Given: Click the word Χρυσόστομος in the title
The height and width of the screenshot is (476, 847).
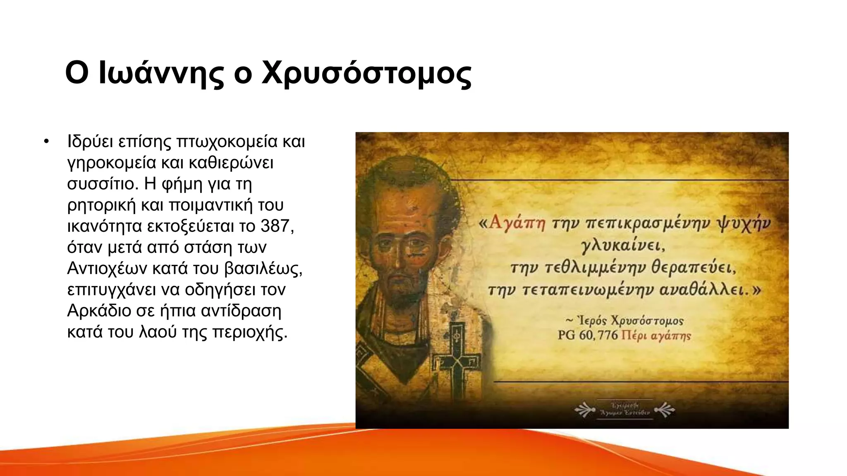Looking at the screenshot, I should point(366,74).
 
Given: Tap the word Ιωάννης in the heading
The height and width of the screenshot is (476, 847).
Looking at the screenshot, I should point(162,74).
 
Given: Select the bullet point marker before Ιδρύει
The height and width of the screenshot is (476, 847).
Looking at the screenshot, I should point(46,142).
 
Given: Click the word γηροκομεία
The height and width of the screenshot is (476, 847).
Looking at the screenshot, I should point(111,163).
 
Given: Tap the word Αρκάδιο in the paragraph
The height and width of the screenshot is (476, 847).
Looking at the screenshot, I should point(99,311).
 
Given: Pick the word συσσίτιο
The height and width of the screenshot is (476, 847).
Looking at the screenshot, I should point(102,184).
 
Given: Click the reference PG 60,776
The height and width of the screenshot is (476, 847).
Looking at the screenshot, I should point(587,335).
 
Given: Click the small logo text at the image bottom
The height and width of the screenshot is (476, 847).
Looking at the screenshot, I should point(624,409).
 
